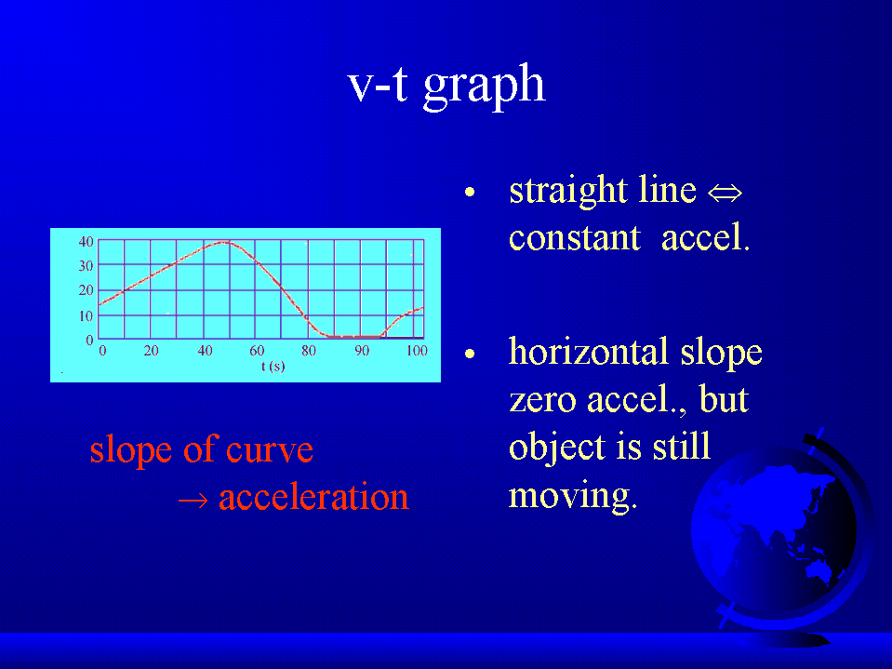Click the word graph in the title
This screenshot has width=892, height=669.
point(484,87)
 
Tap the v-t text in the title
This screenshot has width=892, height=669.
point(378,84)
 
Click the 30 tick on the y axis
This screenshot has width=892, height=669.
point(86,266)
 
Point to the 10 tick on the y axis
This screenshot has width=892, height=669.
point(86,315)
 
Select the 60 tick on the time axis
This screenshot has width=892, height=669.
point(257,351)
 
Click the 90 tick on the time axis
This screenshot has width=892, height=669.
point(362,351)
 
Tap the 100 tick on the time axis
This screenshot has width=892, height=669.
point(417,351)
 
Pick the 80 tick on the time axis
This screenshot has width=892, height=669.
point(309,351)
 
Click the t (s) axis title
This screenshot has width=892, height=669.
point(273,367)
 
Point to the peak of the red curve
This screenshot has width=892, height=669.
point(224,242)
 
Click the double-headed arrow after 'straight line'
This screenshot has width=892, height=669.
point(725,194)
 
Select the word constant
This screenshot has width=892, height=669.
point(575,238)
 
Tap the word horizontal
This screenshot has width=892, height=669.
point(588,352)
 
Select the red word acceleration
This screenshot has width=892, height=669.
point(313,497)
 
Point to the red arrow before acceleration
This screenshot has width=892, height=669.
point(193,501)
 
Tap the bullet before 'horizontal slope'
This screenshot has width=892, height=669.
point(470,355)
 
